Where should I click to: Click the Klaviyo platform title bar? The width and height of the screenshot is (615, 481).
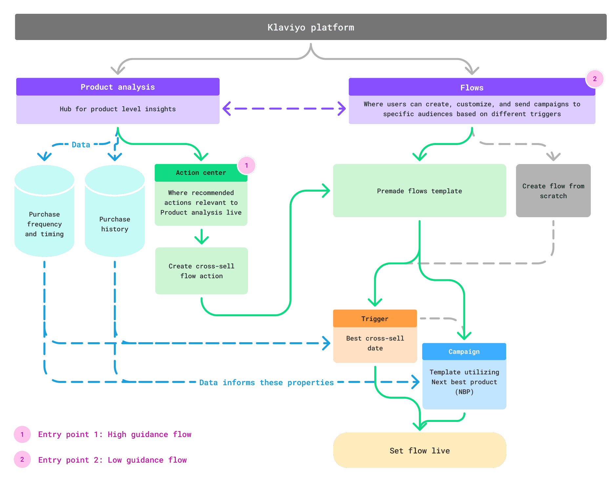[x=311, y=27]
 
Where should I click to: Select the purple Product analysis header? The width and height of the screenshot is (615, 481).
[x=118, y=87]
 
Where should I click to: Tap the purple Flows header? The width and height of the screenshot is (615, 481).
[x=472, y=87]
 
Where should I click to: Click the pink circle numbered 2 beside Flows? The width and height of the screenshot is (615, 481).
[x=595, y=79]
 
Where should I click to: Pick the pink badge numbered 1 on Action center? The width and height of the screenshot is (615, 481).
[x=247, y=165]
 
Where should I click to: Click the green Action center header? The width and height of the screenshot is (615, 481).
[x=201, y=173]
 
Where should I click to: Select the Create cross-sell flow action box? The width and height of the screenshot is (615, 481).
[x=201, y=271]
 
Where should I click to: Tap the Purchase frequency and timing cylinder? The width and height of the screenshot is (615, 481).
[x=44, y=211]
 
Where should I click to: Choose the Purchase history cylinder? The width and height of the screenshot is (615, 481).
[x=115, y=211]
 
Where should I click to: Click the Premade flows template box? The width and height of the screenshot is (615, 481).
[x=420, y=191]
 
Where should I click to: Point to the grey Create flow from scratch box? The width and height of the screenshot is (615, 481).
[x=553, y=191]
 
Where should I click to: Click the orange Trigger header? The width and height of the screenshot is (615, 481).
[x=375, y=319]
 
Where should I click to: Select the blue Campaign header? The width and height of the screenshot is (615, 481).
[x=464, y=352]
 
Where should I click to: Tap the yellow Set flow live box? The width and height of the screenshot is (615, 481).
[x=420, y=450]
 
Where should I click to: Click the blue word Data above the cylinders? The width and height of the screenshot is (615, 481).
[x=81, y=145]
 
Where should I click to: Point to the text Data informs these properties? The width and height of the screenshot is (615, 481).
[x=266, y=383]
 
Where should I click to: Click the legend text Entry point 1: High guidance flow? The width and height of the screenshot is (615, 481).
[x=115, y=434]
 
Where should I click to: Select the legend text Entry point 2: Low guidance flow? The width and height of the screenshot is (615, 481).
[x=113, y=460]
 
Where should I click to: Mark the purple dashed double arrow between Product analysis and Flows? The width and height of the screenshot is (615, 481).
[x=284, y=109]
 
